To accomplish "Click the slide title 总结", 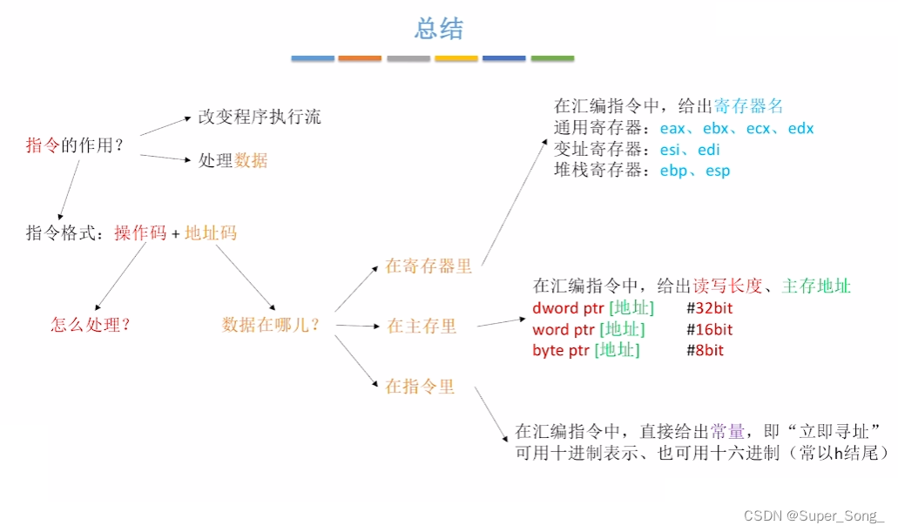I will point(439,29).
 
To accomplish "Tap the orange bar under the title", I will point(360,58).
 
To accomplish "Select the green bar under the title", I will point(552,58).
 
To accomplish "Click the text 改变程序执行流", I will point(260,117).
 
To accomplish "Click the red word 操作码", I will point(140,233).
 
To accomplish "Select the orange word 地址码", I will point(211,233).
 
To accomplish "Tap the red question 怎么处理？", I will point(91,325).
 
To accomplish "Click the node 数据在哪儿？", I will point(271,325).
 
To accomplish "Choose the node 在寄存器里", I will point(429,266).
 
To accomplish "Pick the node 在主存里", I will point(422,326).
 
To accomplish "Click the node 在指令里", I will point(420,387).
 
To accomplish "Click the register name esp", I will point(718,171).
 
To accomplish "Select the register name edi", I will point(708,150).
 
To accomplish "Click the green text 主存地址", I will point(816,286).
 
